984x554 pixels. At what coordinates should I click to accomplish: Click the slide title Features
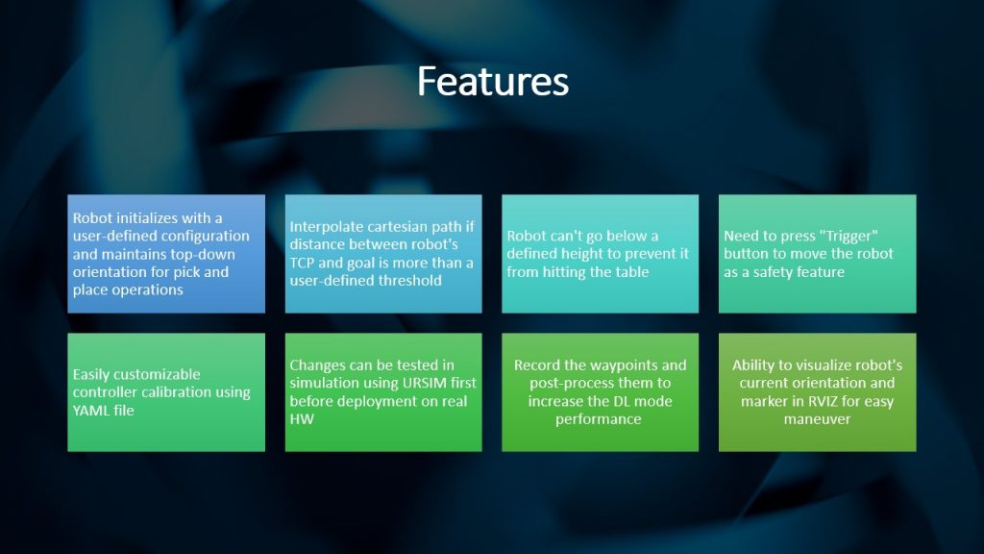493,82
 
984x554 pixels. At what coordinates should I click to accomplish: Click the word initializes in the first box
146,218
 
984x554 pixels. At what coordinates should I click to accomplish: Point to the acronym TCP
302,263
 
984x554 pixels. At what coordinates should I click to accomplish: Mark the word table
630,272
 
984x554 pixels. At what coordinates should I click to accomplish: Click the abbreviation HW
301,419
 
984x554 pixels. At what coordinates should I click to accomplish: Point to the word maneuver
817,419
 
